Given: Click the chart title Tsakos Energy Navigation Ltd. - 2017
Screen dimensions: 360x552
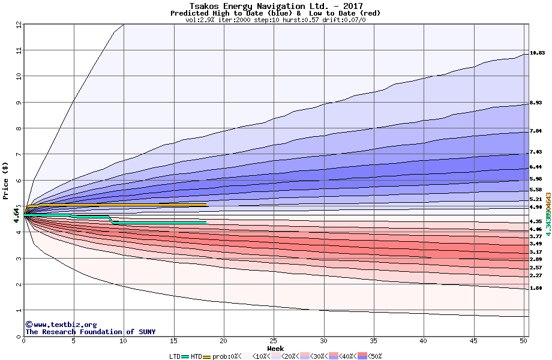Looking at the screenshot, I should tap(275, 5).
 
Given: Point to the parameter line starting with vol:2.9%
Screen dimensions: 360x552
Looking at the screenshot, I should tap(275, 20).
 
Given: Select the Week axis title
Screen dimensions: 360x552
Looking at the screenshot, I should tap(275, 348).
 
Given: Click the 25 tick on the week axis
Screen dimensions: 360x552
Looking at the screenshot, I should tap(274, 341).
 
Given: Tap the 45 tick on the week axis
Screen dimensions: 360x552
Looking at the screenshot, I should tap(473, 341).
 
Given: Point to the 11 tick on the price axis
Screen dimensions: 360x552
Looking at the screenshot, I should tap(19, 50).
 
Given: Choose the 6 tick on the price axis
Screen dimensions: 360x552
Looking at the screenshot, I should tap(19, 181).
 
